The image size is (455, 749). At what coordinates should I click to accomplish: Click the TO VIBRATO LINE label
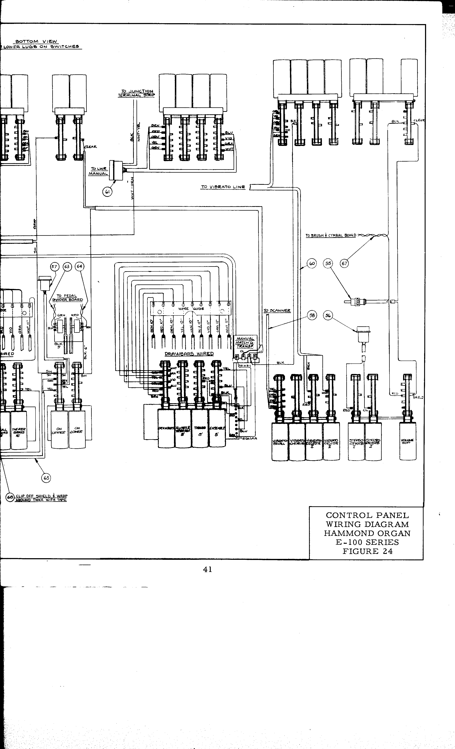coord(223,187)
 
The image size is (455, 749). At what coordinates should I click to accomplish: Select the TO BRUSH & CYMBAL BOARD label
coord(331,235)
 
